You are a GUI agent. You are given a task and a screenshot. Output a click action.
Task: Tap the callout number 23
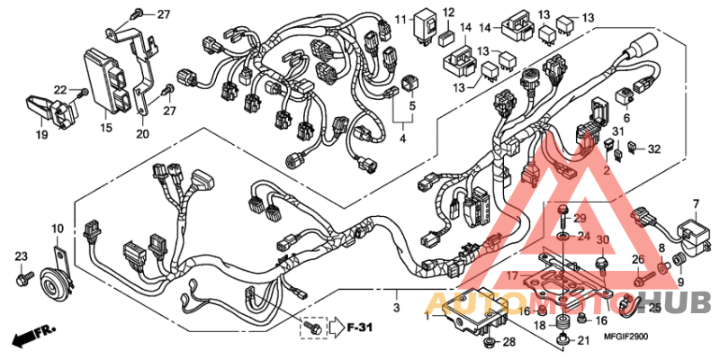pyautogui.click(x=21, y=257)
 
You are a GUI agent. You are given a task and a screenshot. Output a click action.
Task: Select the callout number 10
pyautogui.click(x=58, y=229)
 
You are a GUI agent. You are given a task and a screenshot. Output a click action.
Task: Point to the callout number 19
pyautogui.click(x=41, y=135)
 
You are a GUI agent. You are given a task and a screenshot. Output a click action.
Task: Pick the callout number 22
pyautogui.click(x=59, y=90)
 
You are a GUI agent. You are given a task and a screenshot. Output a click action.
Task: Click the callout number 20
pyautogui.click(x=142, y=135)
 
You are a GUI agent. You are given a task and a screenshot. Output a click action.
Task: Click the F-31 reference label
pyautogui.click(x=360, y=328)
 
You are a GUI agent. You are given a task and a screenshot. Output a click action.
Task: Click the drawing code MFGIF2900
pyautogui.click(x=625, y=336)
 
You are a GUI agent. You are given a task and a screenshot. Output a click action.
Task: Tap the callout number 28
pyautogui.click(x=508, y=344)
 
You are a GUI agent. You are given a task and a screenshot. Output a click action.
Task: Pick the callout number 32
pyautogui.click(x=654, y=148)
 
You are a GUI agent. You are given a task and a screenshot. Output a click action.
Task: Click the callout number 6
pyautogui.click(x=625, y=118)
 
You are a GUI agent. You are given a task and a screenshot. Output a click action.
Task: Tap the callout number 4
pyautogui.click(x=402, y=139)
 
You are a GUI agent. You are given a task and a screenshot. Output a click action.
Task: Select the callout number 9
pyautogui.click(x=680, y=281)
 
